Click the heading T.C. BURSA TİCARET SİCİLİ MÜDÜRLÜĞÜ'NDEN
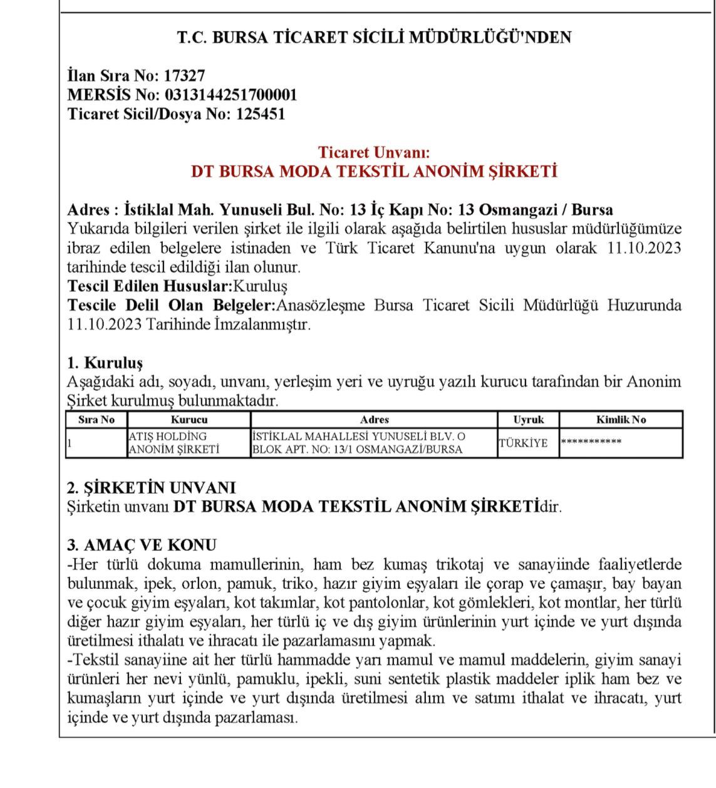coord(374,38)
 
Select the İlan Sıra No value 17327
coord(184,76)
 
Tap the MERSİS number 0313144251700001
coord(231,95)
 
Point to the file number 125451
coord(260,115)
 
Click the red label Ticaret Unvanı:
coord(374,152)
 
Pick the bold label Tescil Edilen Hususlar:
coord(150,286)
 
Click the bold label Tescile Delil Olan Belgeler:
coord(171,306)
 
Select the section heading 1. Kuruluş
coord(105,363)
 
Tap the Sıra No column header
coord(96,420)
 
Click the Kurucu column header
coord(189,420)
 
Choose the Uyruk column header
coord(528,420)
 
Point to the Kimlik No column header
coord(621,420)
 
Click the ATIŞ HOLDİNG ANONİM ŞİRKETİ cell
coord(174,443)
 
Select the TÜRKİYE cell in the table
coord(523,443)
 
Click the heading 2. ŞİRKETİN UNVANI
coord(151,488)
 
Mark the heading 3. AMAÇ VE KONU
coord(142,545)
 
